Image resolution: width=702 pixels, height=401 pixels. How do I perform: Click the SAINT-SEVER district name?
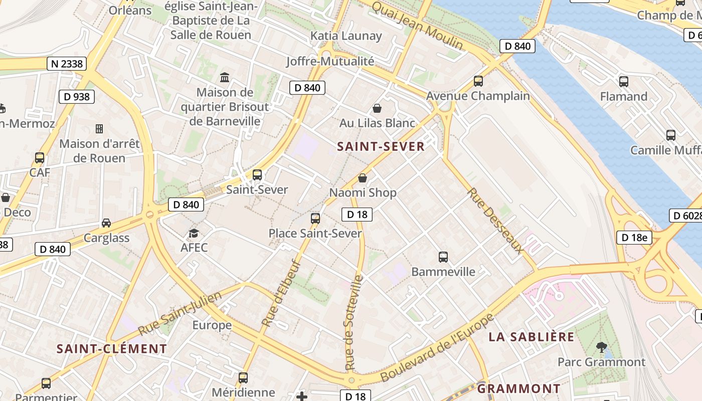click(381, 146)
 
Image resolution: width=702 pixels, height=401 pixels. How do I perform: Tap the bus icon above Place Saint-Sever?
click(315, 219)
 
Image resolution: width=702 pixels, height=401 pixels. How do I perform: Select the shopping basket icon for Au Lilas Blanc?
click(377, 108)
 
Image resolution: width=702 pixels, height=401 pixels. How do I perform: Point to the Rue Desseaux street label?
click(495, 221)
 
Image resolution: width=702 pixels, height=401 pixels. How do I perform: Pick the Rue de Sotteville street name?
click(353, 323)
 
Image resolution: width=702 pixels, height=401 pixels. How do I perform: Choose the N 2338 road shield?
click(67, 64)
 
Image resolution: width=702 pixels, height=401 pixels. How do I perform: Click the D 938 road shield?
click(77, 97)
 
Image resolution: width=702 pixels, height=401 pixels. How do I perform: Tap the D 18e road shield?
click(634, 237)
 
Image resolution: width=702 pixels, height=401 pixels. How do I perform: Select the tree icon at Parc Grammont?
click(601, 347)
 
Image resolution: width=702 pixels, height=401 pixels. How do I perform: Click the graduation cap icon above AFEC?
click(194, 233)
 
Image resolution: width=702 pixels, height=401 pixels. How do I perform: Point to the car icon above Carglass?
click(106, 223)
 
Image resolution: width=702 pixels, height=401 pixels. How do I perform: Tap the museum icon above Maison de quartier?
click(225, 78)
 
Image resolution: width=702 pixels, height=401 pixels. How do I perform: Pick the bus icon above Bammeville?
click(443, 257)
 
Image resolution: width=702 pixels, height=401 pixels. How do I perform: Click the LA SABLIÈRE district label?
click(532, 337)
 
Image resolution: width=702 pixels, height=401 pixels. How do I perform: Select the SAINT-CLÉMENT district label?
click(111, 349)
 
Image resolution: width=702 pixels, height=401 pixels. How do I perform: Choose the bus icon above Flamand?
click(624, 82)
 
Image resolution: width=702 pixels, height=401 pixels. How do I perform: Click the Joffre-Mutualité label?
click(330, 61)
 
